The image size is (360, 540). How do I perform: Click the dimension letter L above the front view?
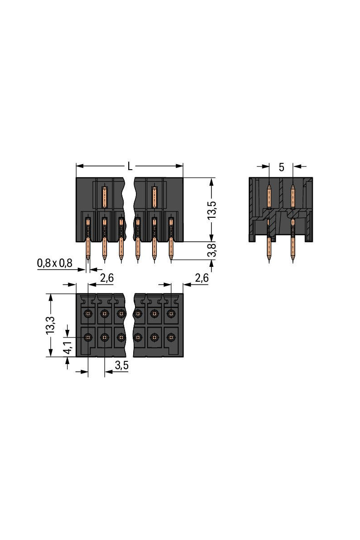130,166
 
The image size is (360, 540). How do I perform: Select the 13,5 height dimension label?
212,210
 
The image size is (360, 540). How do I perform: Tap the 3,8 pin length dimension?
212,251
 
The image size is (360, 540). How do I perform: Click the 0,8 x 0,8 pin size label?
55,263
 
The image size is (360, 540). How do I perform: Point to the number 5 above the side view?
281,167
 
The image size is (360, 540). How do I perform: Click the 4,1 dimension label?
67,347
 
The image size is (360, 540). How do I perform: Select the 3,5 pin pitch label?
122,366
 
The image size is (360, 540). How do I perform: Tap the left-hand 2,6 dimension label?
107,279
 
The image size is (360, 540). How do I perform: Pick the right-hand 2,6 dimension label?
202,279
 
